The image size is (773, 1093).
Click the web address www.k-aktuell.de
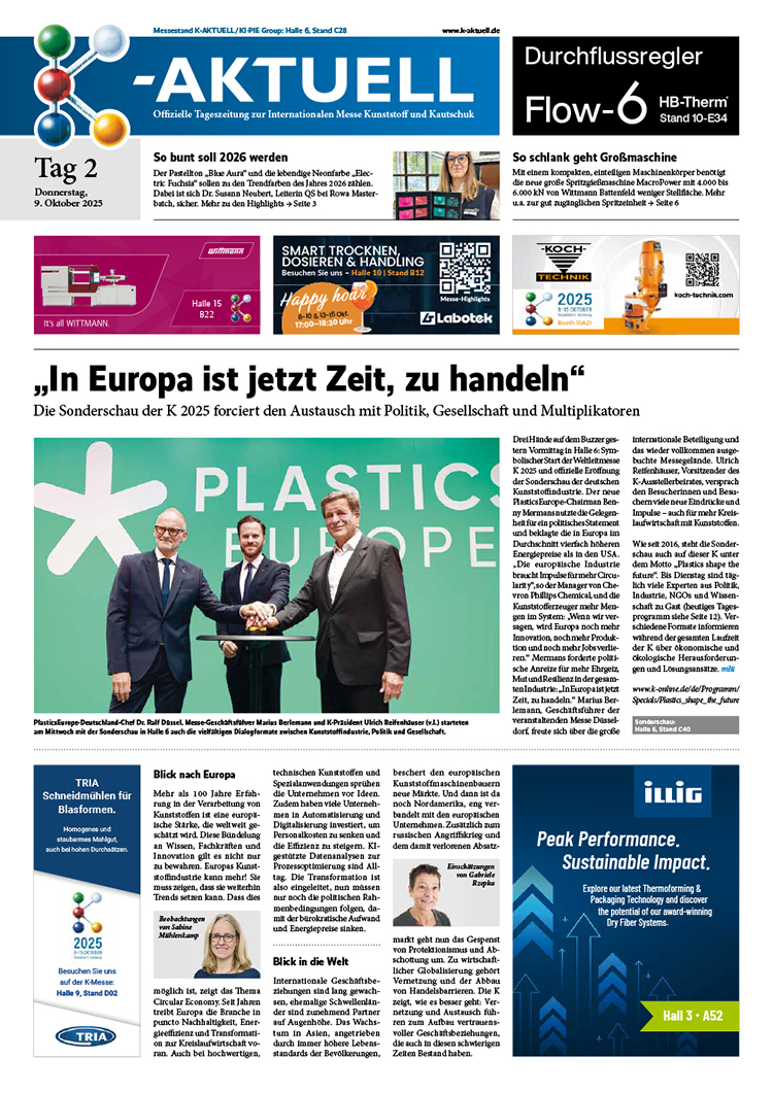click(471, 31)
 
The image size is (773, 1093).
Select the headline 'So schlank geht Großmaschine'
click(594, 157)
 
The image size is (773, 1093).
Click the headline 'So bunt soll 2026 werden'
click(220, 157)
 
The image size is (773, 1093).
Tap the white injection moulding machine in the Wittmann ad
click(88, 286)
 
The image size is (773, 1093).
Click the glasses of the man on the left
click(169, 530)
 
